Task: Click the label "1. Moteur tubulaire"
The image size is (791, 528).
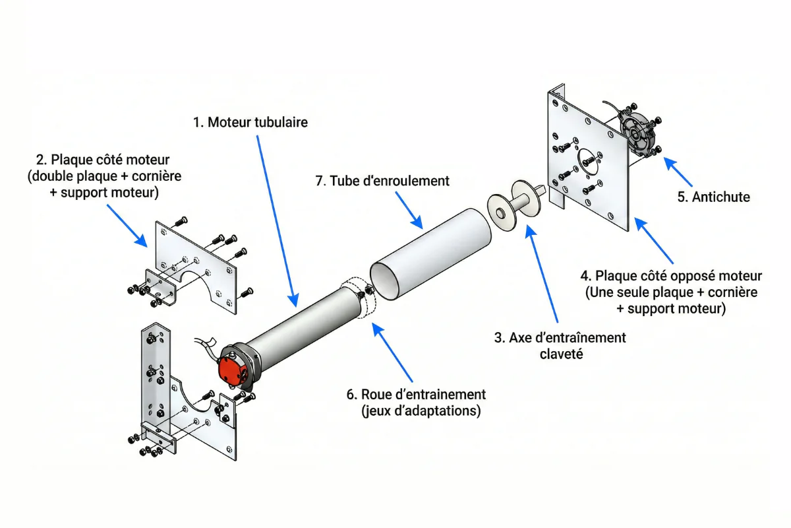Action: tap(250, 123)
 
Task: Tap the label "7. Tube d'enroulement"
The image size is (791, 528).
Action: tap(382, 181)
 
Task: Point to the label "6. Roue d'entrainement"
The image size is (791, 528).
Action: tap(416, 395)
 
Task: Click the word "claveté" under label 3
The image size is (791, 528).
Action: tap(560, 354)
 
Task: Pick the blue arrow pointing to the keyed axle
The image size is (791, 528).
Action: tap(544, 271)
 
